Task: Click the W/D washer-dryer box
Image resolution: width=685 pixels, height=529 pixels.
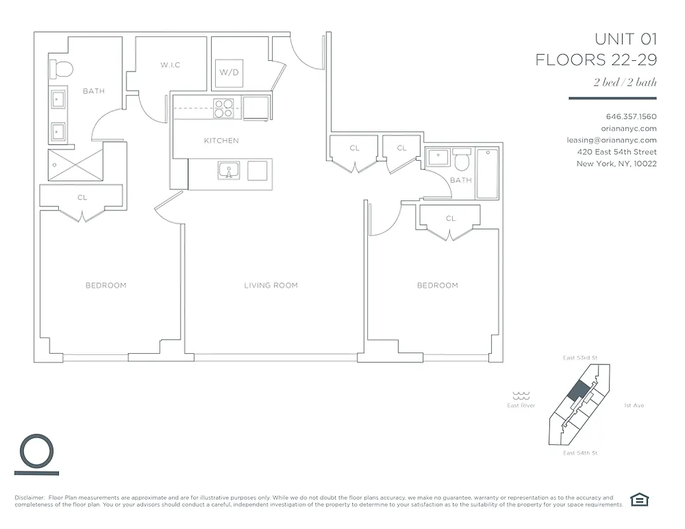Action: [229, 73]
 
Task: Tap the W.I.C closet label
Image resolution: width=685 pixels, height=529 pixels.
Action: [170, 65]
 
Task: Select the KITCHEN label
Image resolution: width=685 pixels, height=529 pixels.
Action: [221, 141]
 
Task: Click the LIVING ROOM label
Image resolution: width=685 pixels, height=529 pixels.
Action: [271, 286]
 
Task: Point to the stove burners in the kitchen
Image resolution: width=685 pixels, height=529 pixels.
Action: [224, 108]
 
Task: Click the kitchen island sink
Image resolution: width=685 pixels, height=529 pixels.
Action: [229, 171]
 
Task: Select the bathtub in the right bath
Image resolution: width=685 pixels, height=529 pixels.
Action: [487, 173]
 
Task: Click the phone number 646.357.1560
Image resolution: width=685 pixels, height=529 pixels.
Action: [631, 116]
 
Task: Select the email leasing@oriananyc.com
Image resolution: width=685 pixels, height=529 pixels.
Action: [612, 140]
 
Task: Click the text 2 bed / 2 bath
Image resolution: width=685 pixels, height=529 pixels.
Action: [625, 83]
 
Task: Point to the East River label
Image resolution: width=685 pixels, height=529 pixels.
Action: [521, 405]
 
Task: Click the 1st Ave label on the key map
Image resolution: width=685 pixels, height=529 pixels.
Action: [633, 405]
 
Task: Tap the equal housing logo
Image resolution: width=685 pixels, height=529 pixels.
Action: [639, 500]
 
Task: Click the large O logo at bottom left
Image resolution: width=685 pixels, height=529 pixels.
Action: [36, 452]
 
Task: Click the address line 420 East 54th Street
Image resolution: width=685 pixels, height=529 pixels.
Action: [616, 152]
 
